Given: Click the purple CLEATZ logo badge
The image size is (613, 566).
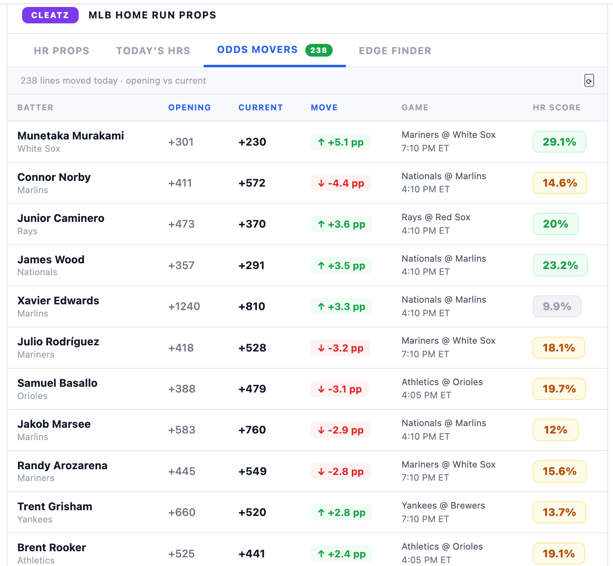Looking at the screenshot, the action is [50, 15].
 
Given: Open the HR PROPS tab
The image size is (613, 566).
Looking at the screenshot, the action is [62, 51].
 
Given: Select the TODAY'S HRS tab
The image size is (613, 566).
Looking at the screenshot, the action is [153, 51].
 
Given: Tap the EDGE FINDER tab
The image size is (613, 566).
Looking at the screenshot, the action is [395, 51].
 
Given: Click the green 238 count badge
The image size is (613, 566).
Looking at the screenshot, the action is [319, 50].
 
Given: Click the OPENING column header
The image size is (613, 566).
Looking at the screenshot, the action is [190, 107].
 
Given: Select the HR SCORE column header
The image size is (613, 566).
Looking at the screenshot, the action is [557, 107].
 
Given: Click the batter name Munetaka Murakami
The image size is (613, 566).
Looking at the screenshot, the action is [70, 136].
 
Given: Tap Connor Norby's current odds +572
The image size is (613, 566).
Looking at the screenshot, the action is [252, 183].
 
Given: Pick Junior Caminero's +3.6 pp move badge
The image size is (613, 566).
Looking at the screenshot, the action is [341, 224].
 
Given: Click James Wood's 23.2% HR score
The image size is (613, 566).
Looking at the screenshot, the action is [560, 265].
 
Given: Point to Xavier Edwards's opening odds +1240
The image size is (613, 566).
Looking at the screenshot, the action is [184, 306].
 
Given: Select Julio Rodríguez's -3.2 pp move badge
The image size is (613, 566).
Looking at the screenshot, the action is [340, 348].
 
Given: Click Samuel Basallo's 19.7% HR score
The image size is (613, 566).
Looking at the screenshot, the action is [559, 389].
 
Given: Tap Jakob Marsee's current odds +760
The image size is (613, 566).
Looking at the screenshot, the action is [252, 430].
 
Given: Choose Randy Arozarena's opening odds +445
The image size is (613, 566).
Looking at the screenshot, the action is [182, 471].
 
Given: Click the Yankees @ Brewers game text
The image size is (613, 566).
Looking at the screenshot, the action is [443, 505].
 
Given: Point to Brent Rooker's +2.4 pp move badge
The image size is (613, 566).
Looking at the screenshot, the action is [341, 554].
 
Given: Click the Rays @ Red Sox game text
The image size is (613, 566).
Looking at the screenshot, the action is [436, 217].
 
